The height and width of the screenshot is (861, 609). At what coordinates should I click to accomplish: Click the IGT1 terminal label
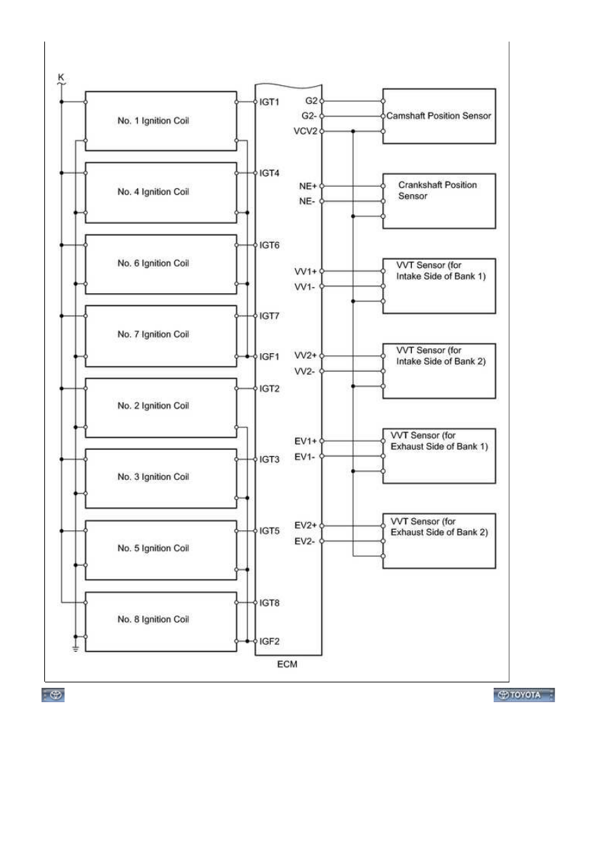click(269, 102)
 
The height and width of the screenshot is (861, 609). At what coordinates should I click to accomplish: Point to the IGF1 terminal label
click(269, 357)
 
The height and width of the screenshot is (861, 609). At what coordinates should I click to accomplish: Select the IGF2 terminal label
click(269, 641)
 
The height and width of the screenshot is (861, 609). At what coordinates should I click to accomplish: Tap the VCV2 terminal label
click(306, 132)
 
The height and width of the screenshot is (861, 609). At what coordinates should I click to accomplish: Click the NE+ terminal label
click(308, 186)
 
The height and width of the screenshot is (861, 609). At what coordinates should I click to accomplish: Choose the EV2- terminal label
click(304, 541)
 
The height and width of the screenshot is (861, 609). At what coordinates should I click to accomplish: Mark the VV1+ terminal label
click(306, 272)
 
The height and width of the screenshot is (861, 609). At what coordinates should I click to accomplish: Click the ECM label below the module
click(287, 664)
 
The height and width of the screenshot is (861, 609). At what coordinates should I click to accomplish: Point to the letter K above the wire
click(61, 77)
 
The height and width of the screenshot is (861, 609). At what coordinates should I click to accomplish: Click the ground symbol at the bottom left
click(76, 649)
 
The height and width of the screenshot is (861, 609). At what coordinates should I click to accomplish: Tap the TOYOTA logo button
click(524, 695)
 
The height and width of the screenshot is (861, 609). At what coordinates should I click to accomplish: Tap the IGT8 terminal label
click(269, 603)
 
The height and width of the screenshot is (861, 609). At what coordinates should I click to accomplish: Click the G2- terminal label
click(309, 116)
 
